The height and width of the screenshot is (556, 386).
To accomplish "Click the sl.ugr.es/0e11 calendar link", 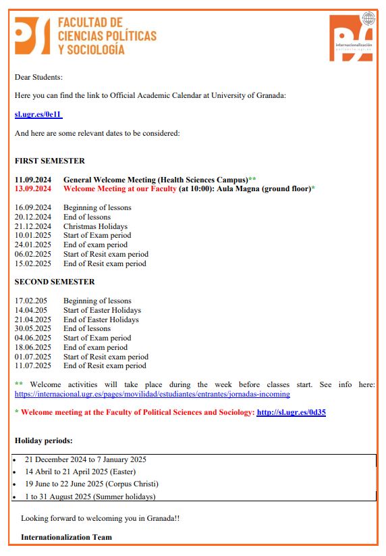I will [x=38, y=115].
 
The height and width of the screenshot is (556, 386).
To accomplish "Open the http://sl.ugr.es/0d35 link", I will [x=291, y=412].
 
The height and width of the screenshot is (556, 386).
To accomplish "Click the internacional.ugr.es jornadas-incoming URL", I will [x=152, y=394].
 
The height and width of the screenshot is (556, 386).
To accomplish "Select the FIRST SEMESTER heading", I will [x=50, y=161].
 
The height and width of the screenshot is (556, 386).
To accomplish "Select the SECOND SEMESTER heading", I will [x=55, y=282].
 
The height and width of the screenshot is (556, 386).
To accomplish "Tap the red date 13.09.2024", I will [x=33, y=188].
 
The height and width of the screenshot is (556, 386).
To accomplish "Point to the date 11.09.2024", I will [x=33, y=179].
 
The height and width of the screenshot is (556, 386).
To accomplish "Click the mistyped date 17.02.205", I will [x=31, y=301].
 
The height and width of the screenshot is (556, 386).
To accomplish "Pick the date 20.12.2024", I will [x=33, y=217].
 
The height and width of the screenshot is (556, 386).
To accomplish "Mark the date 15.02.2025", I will [x=33, y=263].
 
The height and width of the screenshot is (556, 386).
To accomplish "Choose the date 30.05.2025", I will [x=33, y=328].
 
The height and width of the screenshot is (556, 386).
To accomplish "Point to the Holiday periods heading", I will [x=44, y=440].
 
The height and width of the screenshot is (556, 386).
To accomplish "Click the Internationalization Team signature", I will [x=66, y=537].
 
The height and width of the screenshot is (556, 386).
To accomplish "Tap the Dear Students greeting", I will [x=38, y=78].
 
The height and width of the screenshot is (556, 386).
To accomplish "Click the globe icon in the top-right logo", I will [x=368, y=18].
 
